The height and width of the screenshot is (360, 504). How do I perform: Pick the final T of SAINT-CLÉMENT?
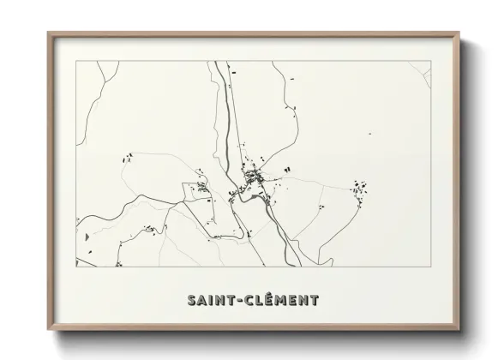coord(315,301)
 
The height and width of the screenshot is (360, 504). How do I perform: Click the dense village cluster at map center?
coord(254,177)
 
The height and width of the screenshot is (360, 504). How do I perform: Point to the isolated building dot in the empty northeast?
coord(369,134)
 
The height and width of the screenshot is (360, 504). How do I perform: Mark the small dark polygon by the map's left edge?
coord(86,235)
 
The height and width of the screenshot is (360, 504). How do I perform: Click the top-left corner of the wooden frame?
coord(48,33)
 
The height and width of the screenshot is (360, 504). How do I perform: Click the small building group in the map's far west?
coord(129,157)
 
